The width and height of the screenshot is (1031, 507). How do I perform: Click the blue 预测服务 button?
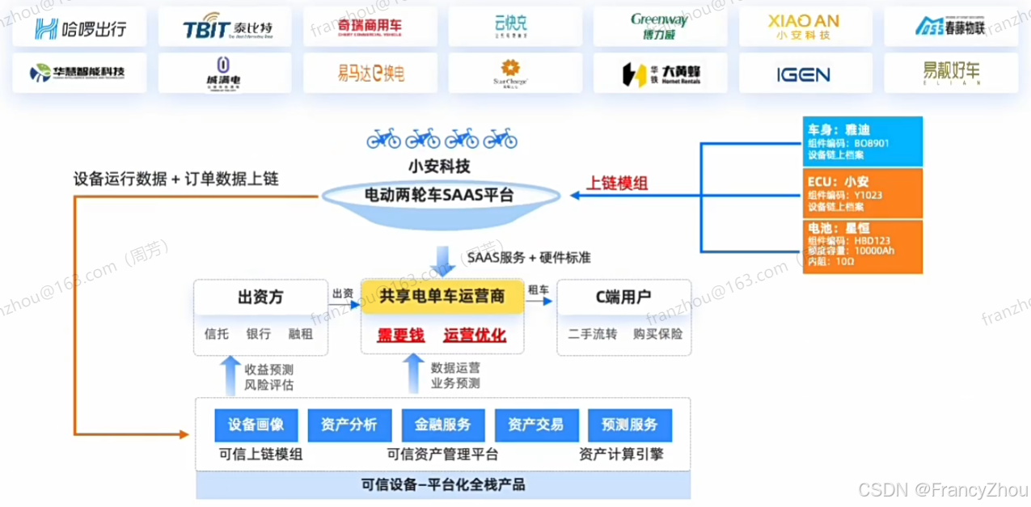[630, 424]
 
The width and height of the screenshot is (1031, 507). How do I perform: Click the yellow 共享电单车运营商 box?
[442, 297]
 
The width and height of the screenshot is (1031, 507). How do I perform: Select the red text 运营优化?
[475, 335]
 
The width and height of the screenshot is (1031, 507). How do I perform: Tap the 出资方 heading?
[260, 297]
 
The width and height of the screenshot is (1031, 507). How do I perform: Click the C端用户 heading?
[623, 297]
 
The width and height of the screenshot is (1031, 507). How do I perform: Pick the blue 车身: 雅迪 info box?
[862, 142]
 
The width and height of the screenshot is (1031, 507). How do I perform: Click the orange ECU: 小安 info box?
[862, 192]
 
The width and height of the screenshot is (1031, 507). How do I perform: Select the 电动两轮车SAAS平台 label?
[442, 195]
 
